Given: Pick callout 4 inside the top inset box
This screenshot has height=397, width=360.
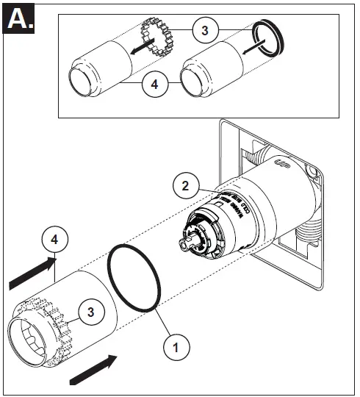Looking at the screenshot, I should (x=154, y=84).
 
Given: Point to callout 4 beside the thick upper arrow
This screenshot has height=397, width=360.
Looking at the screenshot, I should (x=56, y=240).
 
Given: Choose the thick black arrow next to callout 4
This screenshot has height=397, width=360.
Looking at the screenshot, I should (x=32, y=271).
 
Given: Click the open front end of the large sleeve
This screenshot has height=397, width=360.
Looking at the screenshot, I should (x=29, y=337).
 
